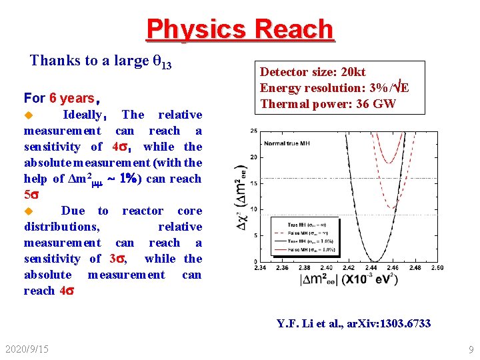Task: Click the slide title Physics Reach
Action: pyautogui.click(x=239, y=29)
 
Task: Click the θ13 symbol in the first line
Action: pyautogui.click(x=163, y=61)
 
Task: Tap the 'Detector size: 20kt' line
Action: pyautogui.click(x=313, y=72)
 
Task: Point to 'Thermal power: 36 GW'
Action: pyautogui.click(x=327, y=103)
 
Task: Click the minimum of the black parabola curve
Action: pyautogui.click(x=375, y=261)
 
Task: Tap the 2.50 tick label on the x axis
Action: pyautogui.click(x=437, y=268)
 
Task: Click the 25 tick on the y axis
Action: pyautogui.click(x=254, y=131)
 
